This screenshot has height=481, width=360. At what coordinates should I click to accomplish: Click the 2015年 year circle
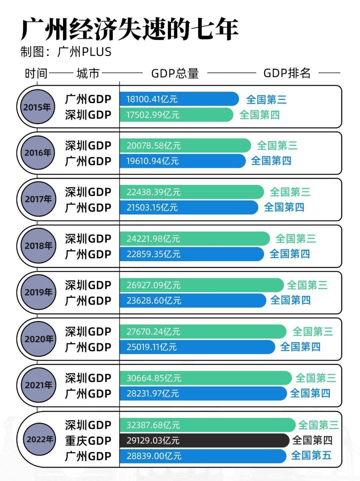[37, 107]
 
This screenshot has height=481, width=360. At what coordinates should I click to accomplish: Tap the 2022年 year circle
[40, 439]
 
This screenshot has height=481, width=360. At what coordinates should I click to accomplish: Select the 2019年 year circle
[38, 292]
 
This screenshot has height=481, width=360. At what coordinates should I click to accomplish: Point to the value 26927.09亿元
[153, 285]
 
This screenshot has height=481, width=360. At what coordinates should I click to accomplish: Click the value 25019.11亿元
[151, 347]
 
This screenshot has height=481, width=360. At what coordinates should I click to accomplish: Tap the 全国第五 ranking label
[311, 455]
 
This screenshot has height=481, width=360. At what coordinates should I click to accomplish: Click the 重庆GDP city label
[88, 441]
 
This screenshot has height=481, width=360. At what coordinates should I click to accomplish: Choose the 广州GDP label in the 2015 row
[88, 99]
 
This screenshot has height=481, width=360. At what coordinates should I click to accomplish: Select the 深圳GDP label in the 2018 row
[88, 239]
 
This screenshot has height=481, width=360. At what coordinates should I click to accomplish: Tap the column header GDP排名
[287, 73]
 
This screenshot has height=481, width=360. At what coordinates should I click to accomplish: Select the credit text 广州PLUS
[84, 52]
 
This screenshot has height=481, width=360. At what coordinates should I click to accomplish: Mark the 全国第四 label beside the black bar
[312, 440]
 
